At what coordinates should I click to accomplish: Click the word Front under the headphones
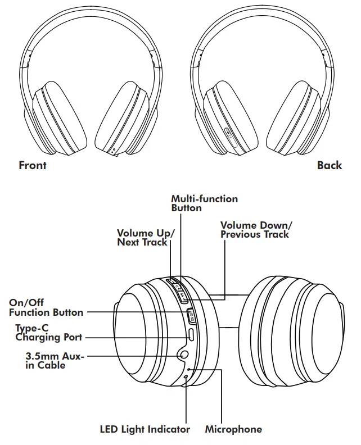pos(33,165)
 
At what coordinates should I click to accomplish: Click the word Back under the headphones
pos(329,165)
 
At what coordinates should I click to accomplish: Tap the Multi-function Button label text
pos(204,203)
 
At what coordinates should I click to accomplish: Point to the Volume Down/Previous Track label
pos(256,230)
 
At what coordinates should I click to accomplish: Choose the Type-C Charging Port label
pos(48,333)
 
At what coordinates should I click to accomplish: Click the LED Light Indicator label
pos(145,429)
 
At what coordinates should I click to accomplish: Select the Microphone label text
pos(233,429)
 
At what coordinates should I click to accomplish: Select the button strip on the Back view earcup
pos(231,134)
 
